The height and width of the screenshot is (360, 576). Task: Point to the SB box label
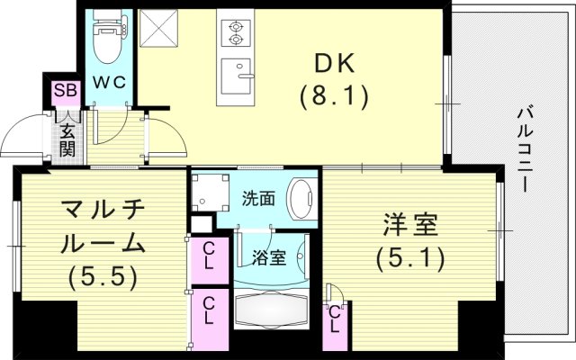coord(65,89)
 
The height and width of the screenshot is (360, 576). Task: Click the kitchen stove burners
coord(236,31)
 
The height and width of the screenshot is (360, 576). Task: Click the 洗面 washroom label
coord(259,199)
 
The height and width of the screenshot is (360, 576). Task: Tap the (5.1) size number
coord(409,260)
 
